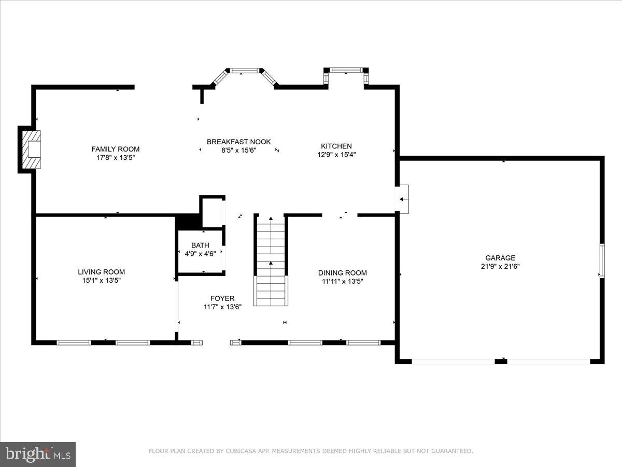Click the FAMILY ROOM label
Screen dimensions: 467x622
(x=116, y=149)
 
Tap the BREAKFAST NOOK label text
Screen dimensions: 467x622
(x=238, y=142)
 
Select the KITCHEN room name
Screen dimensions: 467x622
(x=336, y=146)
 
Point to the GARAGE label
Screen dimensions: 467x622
(x=500, y=258)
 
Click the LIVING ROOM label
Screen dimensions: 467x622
(x=101, y=272)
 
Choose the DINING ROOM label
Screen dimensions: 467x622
(x=342, y=273)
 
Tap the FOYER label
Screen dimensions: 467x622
(x=222, y=298)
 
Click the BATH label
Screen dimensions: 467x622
(x=200, y=245)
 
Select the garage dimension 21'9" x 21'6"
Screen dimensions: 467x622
(x=500, y=266)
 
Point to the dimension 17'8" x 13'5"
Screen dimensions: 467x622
(x=116, y=157)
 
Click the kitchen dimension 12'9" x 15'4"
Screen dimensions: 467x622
(x=336, y=155)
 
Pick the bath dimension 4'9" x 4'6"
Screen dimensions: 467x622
(x=200, y=254)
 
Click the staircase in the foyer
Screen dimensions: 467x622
(x=270, y=262)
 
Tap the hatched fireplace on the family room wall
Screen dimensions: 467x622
(x=30, y=149)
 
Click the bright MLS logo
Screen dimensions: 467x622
(x=38, y=454)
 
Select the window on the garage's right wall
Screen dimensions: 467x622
(x=602, y=260)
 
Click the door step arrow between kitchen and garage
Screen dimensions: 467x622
(x=403, y=199)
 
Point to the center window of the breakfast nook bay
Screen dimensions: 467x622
(x=244, y=70)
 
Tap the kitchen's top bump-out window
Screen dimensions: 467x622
(x=346, y=70)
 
